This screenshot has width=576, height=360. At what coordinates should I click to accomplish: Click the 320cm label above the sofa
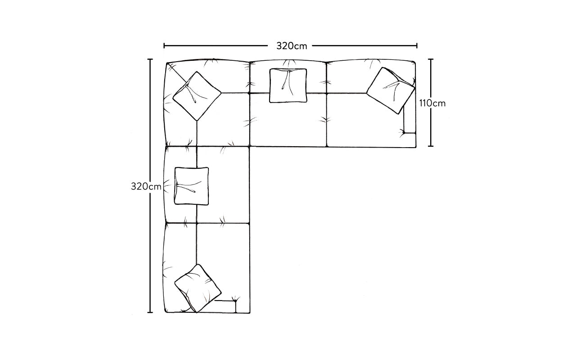(292, 46)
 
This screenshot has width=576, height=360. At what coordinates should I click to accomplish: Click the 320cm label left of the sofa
(146, 186)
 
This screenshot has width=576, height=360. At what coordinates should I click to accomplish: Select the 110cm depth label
(432, 103)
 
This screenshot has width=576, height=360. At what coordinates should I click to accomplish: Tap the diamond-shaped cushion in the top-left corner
(197, 96)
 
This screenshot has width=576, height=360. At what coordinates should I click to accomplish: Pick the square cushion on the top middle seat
(288, 85)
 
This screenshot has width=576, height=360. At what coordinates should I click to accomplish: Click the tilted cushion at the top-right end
(391, 90)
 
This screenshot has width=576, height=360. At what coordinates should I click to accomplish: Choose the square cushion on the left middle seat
(192, 186)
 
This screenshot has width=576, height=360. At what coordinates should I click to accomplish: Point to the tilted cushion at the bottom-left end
(198, 288)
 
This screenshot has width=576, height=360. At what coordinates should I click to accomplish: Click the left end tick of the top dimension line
(164, 46)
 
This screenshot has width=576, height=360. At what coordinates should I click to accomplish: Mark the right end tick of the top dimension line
(417, 46)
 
